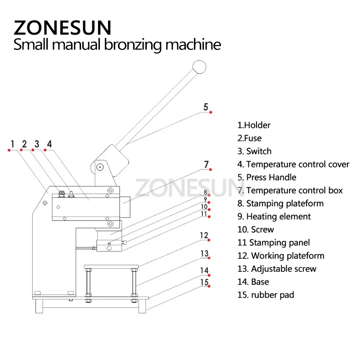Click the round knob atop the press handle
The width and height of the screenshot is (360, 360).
coord(198,67)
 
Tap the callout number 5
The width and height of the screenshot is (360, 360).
coord(206,107)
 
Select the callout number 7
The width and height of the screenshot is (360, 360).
coord(206,165)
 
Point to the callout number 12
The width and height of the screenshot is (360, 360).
coord(204,235)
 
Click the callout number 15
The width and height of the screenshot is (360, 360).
coord(204,282)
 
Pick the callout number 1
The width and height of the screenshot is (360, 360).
coord(13,144)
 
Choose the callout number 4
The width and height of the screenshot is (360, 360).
coord(49,144)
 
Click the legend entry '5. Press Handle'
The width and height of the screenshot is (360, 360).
coord(267,177)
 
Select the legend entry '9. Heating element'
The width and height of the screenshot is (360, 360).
coord(274,216)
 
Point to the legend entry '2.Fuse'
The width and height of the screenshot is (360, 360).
coord(249,138)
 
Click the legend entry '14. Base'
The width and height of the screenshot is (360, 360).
coord(253,282)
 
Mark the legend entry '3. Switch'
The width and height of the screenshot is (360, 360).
coord(254,151)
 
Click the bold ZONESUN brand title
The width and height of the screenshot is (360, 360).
coord(62,28)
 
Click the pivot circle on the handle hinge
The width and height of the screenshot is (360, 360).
coord(100,167)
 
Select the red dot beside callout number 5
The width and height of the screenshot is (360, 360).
coord(211,112)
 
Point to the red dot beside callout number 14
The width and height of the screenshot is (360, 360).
coord(210,275)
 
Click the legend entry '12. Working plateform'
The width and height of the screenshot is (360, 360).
coord(281,256)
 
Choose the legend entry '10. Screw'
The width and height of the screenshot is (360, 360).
coord(256,229)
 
